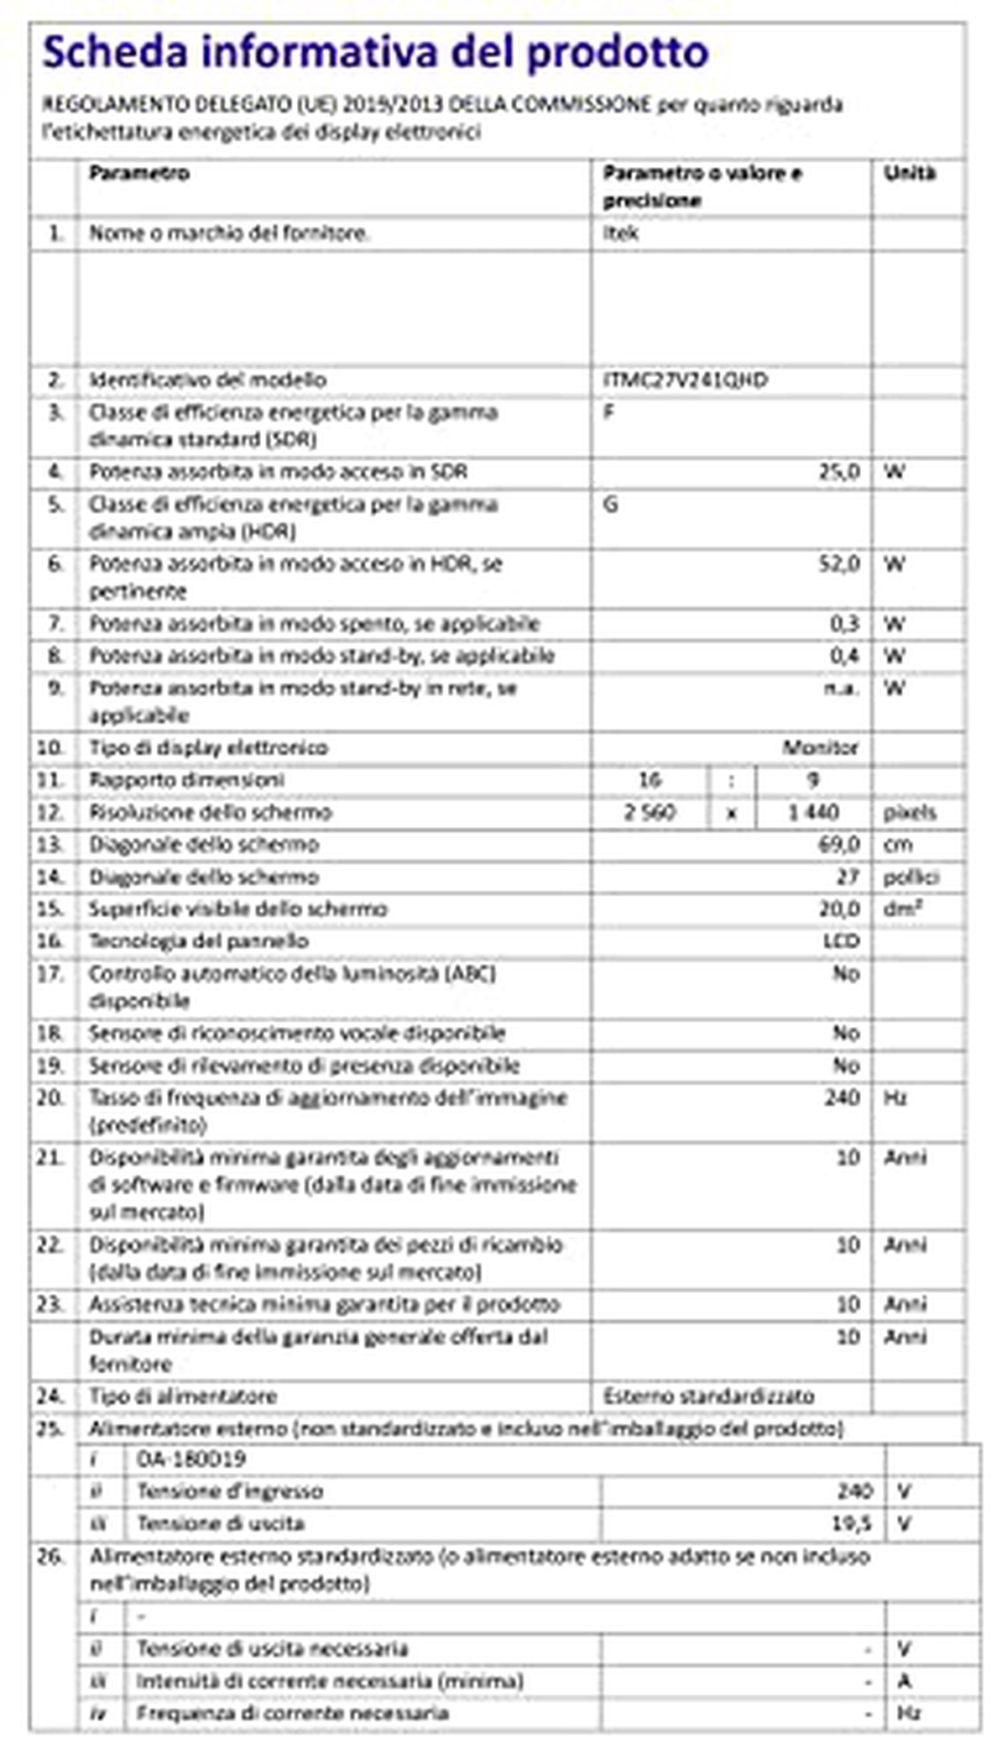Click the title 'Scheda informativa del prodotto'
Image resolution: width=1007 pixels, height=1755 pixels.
(x=375, y=52)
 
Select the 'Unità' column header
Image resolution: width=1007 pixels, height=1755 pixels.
(x=909, y=174)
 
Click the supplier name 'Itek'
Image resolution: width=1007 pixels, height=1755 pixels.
(x=620, y=233)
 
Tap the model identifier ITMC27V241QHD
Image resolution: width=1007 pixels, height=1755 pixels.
(x=685, y=380)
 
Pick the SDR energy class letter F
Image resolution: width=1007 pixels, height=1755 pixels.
(x=608, y=413)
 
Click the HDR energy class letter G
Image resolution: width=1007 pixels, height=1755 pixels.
(x=610, y=505)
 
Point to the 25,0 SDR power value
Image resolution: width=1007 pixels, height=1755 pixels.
(x=839, y=472)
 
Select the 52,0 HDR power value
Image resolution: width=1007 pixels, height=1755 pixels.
(x=839, y=564)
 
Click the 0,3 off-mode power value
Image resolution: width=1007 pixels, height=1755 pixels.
(x=844, y=624)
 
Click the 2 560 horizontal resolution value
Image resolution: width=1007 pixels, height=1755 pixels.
(x=650, y=813)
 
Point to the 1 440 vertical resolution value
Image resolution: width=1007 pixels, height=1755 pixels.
(x=812, y=813)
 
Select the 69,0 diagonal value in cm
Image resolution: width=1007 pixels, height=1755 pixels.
(x=838, y=845)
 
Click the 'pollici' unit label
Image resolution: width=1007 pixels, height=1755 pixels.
(x=910, y=877)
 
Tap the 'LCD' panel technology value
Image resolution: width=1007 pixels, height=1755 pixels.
(x=841, y=941)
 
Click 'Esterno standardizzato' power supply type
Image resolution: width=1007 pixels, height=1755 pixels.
(x=708, y=1396)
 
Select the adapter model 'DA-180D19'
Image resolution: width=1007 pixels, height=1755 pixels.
(x=191, y=1459)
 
